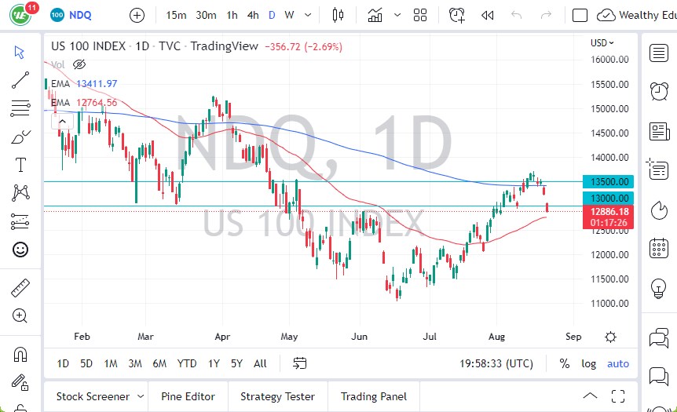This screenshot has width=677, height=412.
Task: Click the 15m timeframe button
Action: [x=176, y=15]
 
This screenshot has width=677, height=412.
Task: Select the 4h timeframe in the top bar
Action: [x=252, y=15]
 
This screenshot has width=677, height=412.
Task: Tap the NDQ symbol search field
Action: [x=81, y=15]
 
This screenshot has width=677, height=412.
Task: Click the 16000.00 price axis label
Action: [x=609, y=60]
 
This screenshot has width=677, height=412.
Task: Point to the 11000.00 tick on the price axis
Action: [x=609, y=303]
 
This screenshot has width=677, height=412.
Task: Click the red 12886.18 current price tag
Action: [x=609, y=212]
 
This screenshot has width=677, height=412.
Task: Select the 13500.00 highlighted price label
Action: [x=609, y=181]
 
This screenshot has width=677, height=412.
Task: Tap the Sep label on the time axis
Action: [x=573, y=336]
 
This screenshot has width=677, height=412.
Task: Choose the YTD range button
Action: [x=186, y=363]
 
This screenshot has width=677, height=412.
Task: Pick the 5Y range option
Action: [x=236, y=363]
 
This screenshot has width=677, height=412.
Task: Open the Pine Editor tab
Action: [x=188, y=396]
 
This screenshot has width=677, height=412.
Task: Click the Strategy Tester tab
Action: [x=277, y=396]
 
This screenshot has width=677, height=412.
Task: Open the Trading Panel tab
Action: [x=373, y=396]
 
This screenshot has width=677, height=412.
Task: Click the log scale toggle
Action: [x=588, y=363]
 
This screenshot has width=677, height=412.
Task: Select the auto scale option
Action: [x=618, y=363]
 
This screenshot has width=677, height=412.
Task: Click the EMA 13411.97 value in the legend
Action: [x=97, y=84]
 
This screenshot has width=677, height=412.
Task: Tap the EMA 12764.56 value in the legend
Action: [x=97, y=103]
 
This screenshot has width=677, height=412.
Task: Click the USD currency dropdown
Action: [x=602, y=43]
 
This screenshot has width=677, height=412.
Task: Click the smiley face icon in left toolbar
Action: [x=20, y=250]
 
